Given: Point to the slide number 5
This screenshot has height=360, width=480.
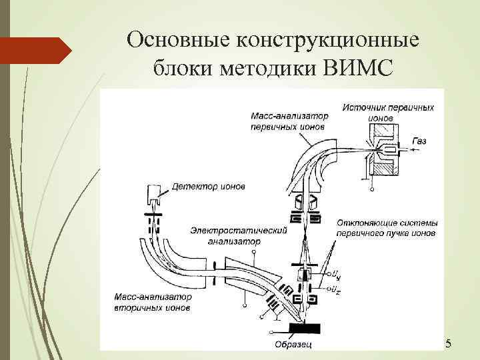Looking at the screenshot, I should pyautogui.click(x=448, y=343).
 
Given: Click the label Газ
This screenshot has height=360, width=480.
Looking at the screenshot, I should pyautogui.click(x=419, y=141).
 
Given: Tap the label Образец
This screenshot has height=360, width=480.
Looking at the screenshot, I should pyautogui.click(x=291, y=344).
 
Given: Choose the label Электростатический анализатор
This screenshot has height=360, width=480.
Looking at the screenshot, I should pyautogui.click(x=238, y=235).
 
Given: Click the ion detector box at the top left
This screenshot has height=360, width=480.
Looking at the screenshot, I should pyautogui.click(x=153, y=194).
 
